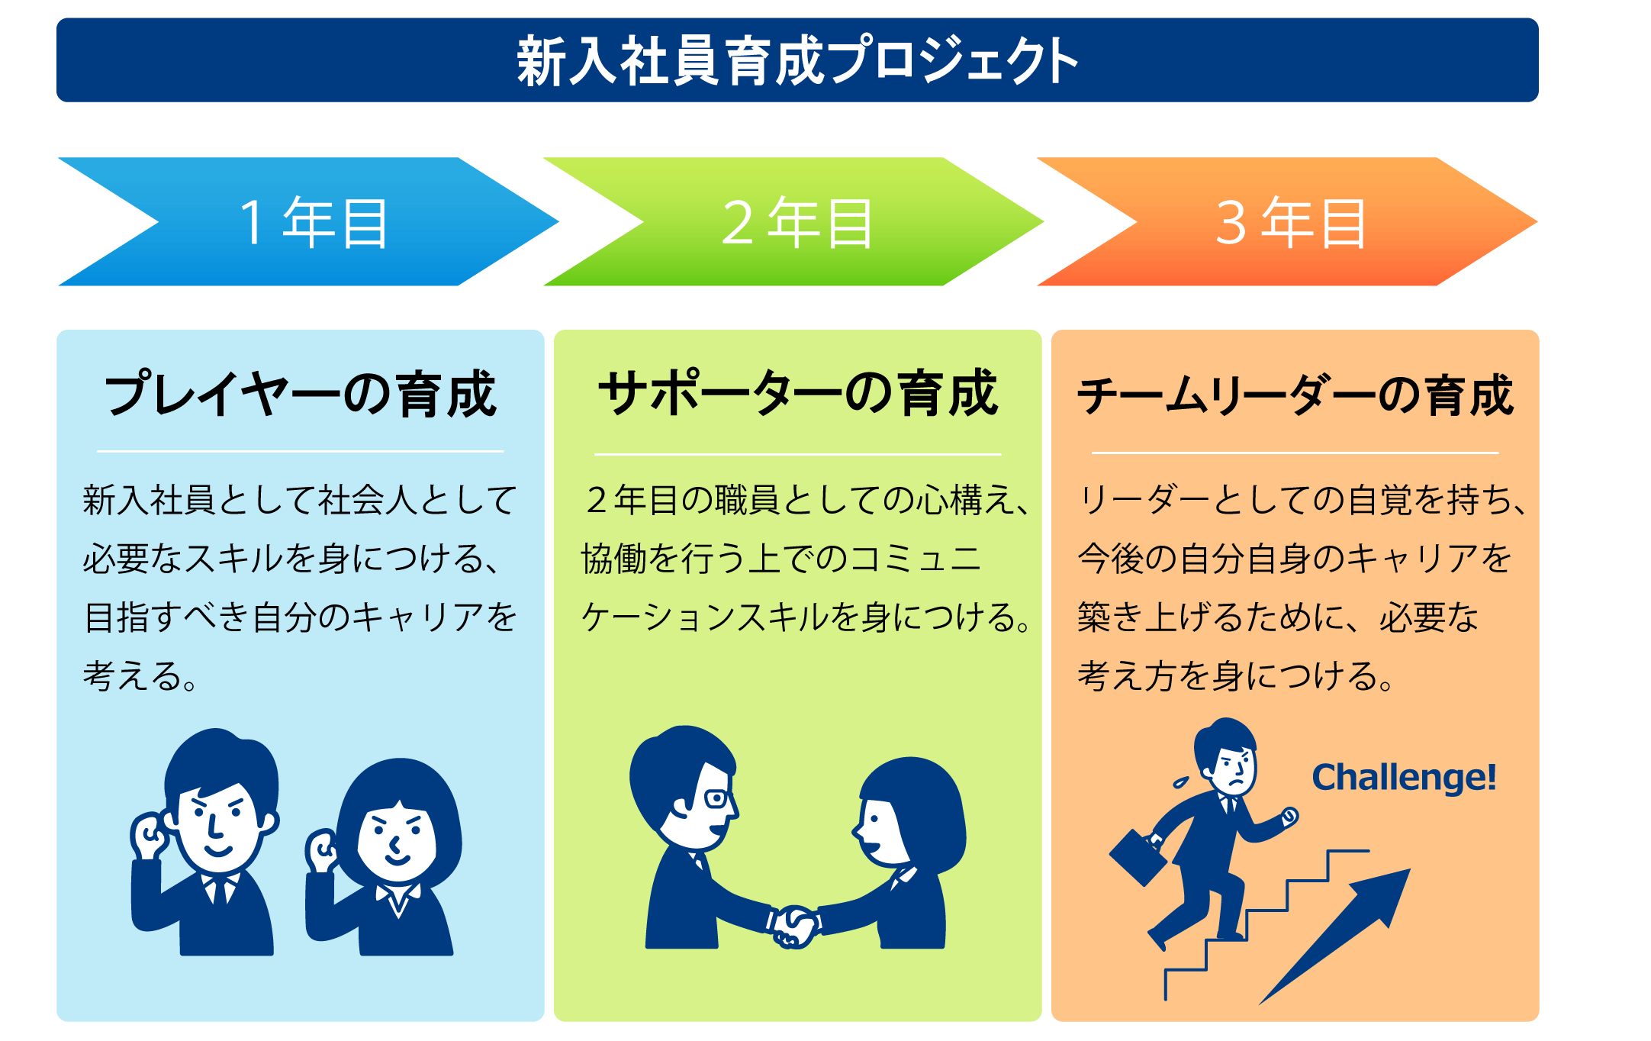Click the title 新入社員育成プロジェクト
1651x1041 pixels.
tap(797, 60)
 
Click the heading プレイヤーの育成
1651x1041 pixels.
tap(301, 395)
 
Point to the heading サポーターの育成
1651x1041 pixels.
tap(797, 394)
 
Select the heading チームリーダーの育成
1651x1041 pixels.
tap(1295, 395)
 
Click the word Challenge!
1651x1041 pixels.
tap(1404, 778)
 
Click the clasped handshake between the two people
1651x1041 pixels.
tap(793, 926)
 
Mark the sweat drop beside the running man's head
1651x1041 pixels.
tap(1181, 782)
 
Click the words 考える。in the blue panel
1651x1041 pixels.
tap(140, 676)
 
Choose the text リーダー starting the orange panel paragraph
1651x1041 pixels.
tap(1144, 500)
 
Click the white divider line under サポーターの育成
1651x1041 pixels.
tap(797, 455)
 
